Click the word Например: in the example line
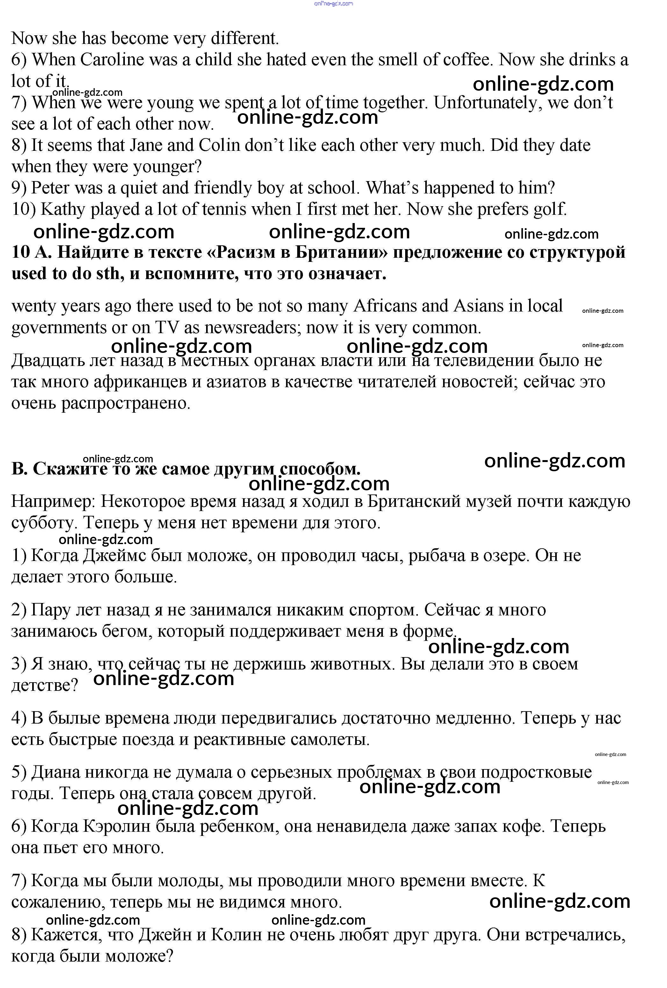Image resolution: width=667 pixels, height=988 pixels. tap(53, 501)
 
